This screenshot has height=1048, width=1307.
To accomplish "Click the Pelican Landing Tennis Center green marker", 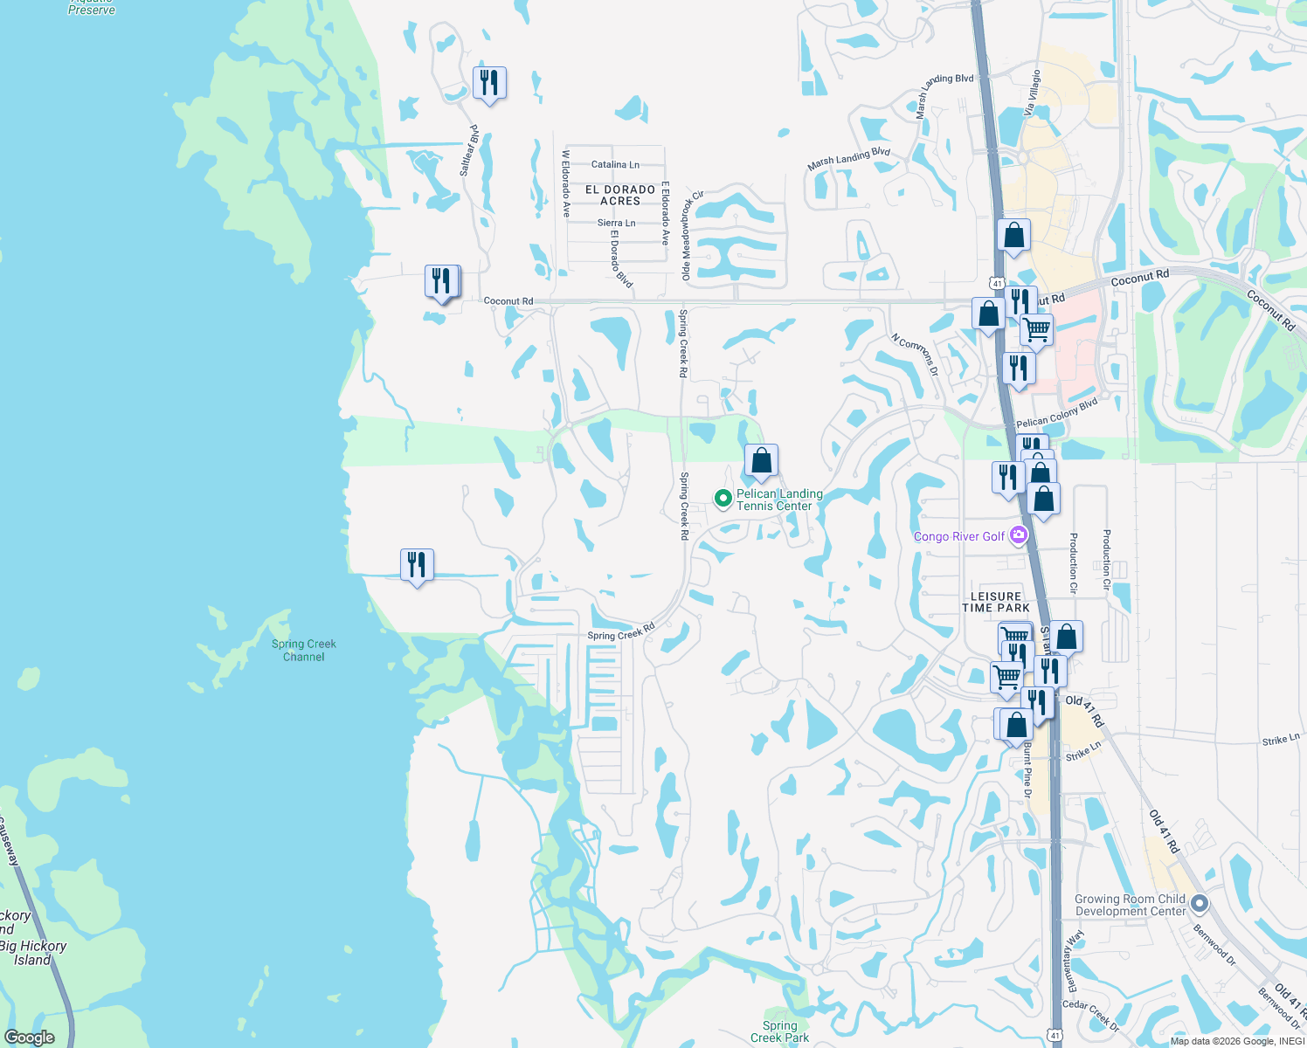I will pyautogui.click(x=723, y=499).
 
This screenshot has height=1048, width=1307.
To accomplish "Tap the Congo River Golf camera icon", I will pyautogui.click(x=1018, y=535).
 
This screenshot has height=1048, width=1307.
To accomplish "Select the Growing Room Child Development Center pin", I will pyautogui.click(x=1200, y=904).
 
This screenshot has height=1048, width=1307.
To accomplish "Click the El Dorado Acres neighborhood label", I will pyautogui.click(x=620, y=195).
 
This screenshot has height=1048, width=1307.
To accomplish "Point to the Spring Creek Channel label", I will pyautogui.click(x=303, y=651).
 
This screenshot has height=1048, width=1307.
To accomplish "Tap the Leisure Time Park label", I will pyautogui.click(x=996, y=602).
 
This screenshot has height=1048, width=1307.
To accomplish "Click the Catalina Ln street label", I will pyautogui.click(x=615, y=164).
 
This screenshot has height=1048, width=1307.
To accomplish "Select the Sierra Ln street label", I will pyautogui.click(x=616, y=224).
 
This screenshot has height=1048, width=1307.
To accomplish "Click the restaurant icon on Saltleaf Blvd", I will pyautogui.click(x=489, y=83).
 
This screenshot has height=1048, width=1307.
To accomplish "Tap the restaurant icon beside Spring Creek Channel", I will pyautogui.click(x=417, y=564).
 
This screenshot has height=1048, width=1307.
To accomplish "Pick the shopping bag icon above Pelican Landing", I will pyautogui.click(x=761, y=460).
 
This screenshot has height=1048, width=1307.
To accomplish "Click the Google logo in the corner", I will pyautogui.click(x=29, y=1037).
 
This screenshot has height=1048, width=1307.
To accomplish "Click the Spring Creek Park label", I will pyautogui.click(x=779, y=1032).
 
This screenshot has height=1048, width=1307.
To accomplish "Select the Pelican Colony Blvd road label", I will pyautogui.click(x=1056, y=413).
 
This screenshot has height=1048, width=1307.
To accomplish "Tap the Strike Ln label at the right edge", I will pyautogui.click(x=1281, y=740).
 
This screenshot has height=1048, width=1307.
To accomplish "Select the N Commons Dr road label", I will pyautogui.click(x=915, y=354).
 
